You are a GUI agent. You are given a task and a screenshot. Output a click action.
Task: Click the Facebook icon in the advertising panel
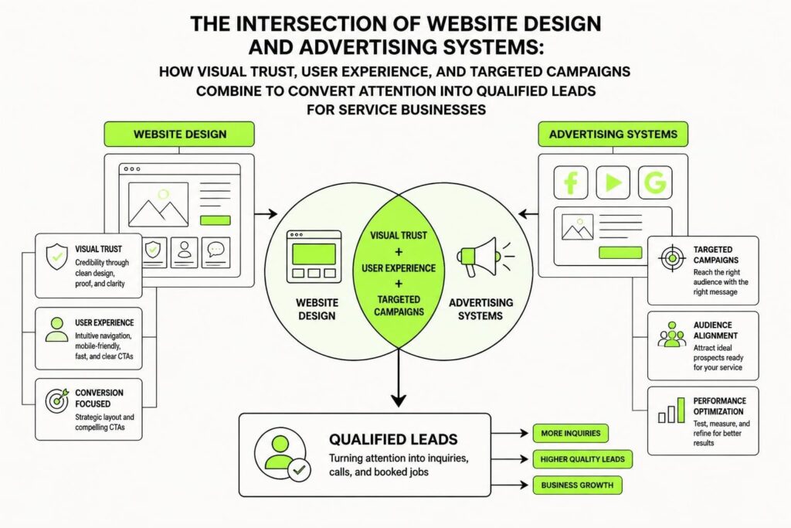[x=571, y=182]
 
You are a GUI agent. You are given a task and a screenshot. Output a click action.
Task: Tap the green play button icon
[x=613, y=182]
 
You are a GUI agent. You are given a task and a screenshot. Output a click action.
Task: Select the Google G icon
[x=655, y=182]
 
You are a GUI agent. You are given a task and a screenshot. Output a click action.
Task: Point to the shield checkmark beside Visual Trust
[x=56, y=257]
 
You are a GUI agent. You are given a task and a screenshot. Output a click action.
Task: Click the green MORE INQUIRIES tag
[x=571, y=433]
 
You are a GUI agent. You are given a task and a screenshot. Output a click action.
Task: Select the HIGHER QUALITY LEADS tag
[x=582, y=459]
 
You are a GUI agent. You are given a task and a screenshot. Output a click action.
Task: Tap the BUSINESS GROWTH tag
[x=577, y=485]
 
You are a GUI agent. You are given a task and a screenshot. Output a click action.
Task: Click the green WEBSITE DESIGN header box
[x=179, y=135]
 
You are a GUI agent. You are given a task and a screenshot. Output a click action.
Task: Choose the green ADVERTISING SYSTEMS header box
[x=613, y=135]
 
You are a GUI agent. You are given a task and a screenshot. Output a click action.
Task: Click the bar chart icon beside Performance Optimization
[x=671, y=410]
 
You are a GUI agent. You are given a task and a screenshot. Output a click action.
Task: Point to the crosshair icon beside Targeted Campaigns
[x=672, y=258]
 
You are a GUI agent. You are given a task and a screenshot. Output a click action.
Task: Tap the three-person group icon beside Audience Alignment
[x=672, y=335]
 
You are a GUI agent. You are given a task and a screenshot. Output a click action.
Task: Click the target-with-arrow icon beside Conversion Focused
[x=57, y=400]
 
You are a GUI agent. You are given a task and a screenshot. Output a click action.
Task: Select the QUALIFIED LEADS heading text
[x=393, y=440]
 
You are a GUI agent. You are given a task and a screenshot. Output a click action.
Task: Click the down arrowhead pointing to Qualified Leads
[x=399, y=400]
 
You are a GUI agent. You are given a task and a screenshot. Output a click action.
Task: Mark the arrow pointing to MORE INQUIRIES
[x=510, y=433]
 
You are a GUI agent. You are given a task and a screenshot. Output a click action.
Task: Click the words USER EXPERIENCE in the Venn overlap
[x=399, y=268]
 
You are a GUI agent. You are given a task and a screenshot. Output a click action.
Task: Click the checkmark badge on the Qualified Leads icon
[x=299, y=470]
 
